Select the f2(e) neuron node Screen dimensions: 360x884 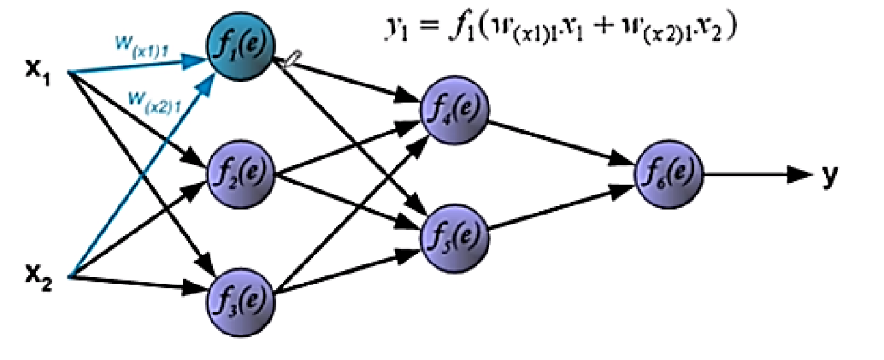point(240,171)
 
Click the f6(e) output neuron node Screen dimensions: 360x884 point(666,174)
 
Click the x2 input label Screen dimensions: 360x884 point(36,275)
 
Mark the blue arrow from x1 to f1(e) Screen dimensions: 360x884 point(137,61)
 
